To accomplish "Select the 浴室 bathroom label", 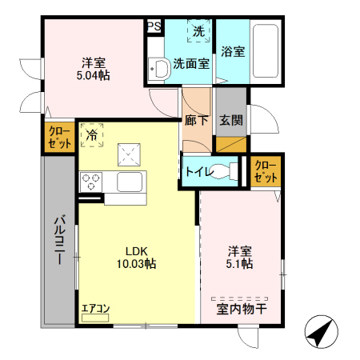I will (x=233, y=50).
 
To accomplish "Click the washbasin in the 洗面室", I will (x=158, y=69).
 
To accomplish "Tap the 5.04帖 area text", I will (x=94, y=75).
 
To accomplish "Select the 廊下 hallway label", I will (x=197, y=121).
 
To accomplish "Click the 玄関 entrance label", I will (x=231, y=121).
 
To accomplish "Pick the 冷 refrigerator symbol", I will (x=93, y=136).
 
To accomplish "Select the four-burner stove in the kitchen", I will (x=90, y=181).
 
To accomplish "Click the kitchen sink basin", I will (x=129, y=182).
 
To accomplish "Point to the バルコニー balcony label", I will (x=59, y=240).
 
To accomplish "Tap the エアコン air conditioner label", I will (x=95, y=307).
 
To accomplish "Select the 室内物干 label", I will (x=240, y=307).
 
